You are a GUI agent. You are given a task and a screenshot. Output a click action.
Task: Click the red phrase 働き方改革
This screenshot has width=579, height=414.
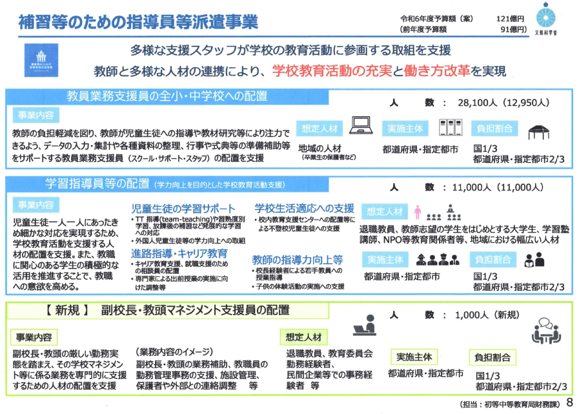pos(440,70)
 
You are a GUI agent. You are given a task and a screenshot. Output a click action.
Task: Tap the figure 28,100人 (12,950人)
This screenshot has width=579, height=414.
pos(494,102)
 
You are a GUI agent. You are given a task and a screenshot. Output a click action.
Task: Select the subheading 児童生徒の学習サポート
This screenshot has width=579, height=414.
pos(183,209)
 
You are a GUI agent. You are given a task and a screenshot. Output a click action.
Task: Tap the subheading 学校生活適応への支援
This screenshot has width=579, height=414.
pos(304,208)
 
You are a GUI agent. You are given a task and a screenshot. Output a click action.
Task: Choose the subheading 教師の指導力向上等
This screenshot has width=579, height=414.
pos(298,258)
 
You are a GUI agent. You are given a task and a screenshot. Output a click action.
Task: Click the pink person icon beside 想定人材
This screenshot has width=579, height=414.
pos(417,211)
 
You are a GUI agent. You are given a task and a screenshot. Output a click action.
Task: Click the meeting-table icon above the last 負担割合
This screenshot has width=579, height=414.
pos(545,332)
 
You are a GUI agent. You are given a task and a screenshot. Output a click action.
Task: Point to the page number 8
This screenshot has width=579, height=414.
pos(569,402)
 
